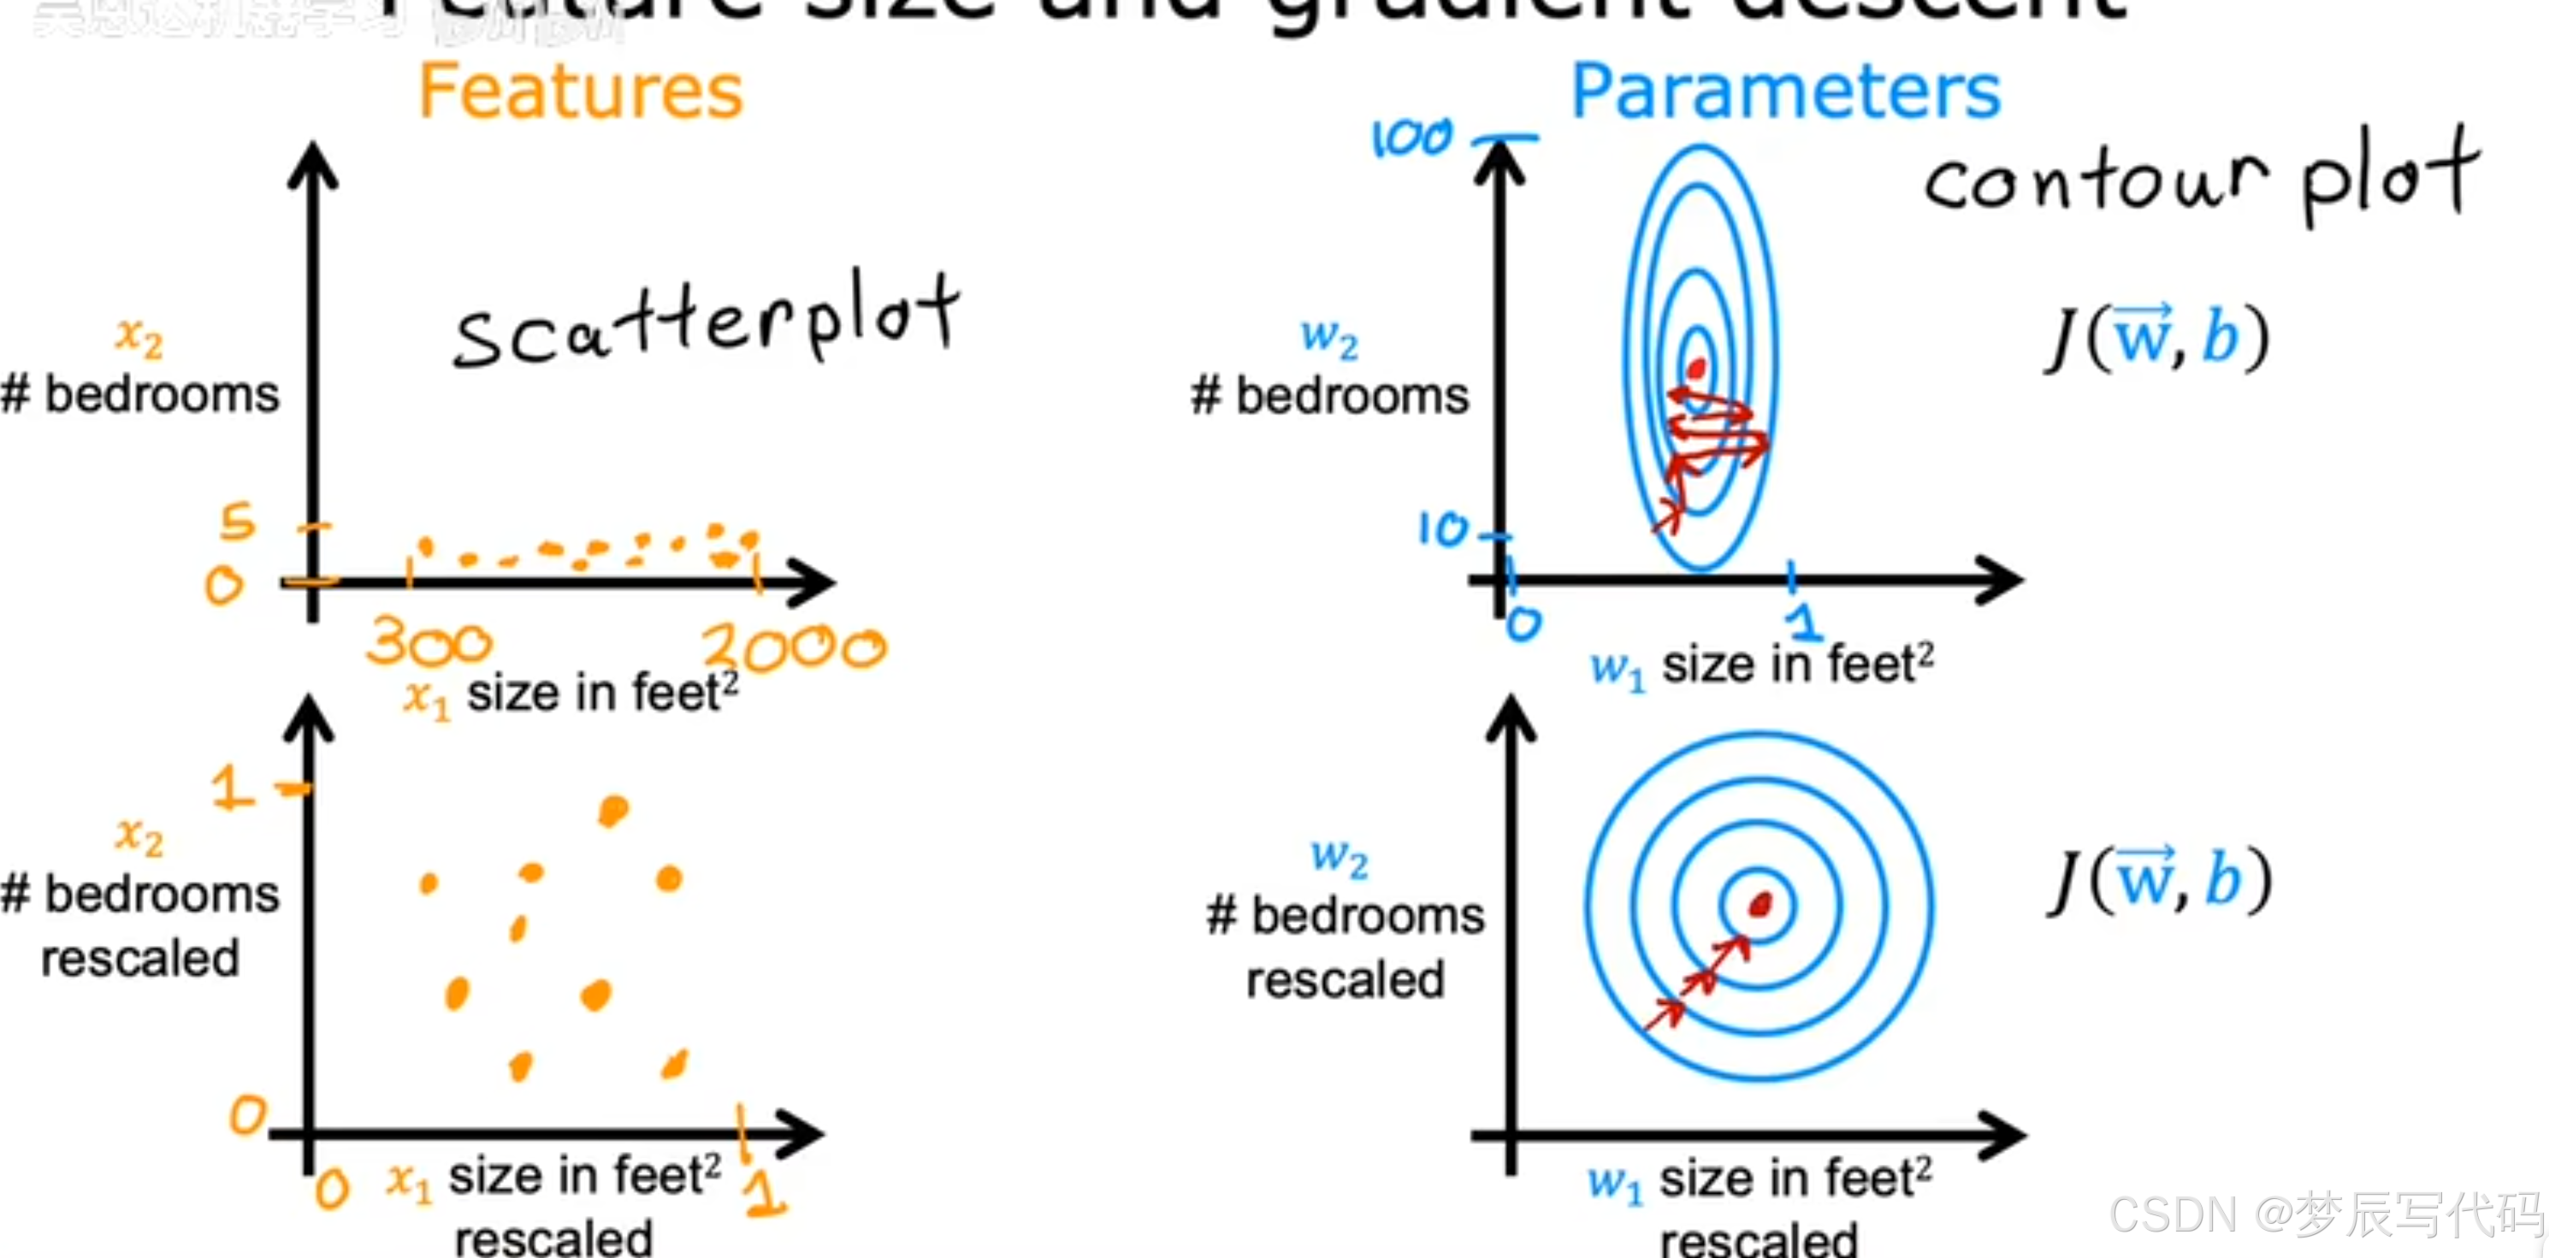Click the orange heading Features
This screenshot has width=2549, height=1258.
(580, 91)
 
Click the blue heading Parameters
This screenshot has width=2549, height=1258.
(1785, 91)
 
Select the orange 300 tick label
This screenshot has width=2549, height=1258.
(429, 643)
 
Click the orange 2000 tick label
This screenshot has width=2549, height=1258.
(794, 647)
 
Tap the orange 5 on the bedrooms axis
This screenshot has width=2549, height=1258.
(238, 521)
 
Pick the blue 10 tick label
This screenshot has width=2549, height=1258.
(1443, 530)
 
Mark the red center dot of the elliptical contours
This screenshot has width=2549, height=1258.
(1697, 369)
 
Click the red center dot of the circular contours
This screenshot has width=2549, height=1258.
(1759, 904)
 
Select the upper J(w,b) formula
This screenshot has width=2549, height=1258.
(2157, 339)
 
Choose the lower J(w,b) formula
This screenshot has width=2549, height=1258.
(2159, 880)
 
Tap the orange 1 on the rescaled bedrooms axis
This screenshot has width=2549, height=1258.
(233, 789)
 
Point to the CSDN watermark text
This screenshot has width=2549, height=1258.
(2326, 1214)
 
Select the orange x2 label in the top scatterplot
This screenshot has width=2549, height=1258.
(139, 336)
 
